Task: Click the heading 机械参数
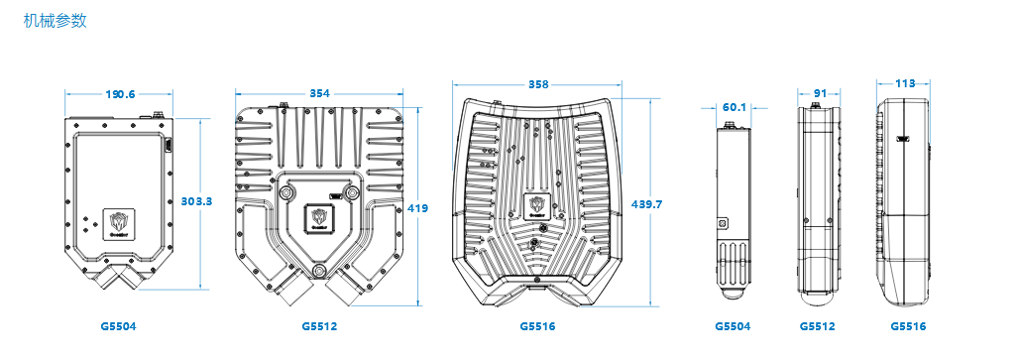pyautogui.click(x=55, y=21)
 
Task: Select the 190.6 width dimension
pyautogui.click(x=120, y=94)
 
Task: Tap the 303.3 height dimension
pyautogui.click(x=196, y=201)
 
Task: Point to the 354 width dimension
pyautogui.click(x=319, y=94)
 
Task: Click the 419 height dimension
pyautogui.click(x=417, y=208)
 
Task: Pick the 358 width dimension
pyautogui.click(x=538, y=84)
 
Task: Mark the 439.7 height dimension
pyautogui.click(x=646, y=203)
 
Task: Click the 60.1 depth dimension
pyautogui.click(x=735, y=107)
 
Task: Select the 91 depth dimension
pyautogui.click(x=820, y=94)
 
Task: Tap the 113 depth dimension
pyautogui.click(x=904, y=83)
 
